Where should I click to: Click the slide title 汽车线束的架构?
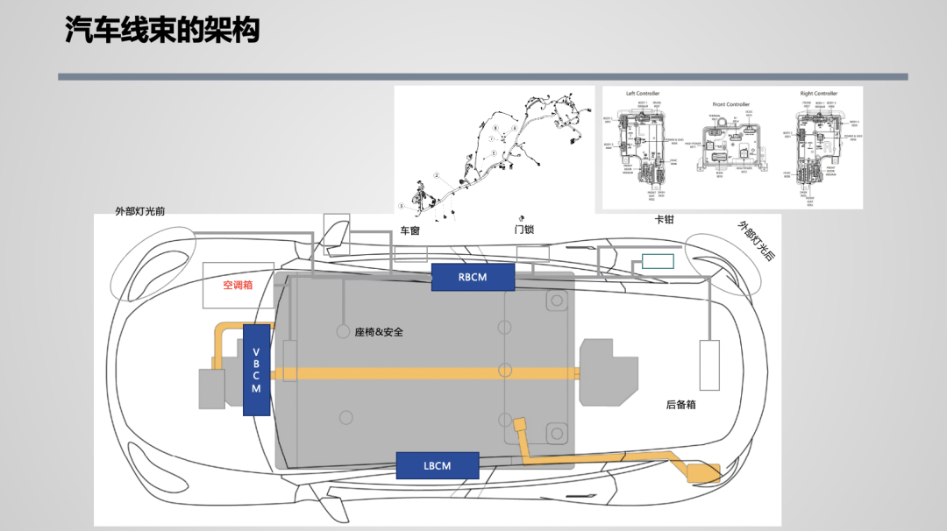(x=162, y=32)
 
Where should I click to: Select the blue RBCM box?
(x=472, y=277)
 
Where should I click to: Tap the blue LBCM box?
(x=437, y=465)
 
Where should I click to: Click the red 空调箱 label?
(x=238, y=286)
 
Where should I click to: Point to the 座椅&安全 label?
(x=379, y=332)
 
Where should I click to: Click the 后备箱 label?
(x=680, y=406)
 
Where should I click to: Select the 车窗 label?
(x=410, y=230)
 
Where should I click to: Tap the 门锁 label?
(x=523, y=230)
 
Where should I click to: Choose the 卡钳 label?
(x=664, y=220)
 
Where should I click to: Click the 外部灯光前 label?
(x=140, y=211)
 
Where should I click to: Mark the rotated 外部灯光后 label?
(x=756, y=240)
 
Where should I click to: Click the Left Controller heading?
(x=643, y=94)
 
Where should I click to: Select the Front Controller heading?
(x=731, y=104)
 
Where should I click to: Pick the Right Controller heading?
(x=819, y=94)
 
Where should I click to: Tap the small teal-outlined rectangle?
(x=658, y=261)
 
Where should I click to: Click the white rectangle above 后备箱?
(x=709, y=365)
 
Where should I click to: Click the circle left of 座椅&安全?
(x=343, y=332)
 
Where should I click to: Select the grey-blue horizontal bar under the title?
(x=482, y=77)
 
